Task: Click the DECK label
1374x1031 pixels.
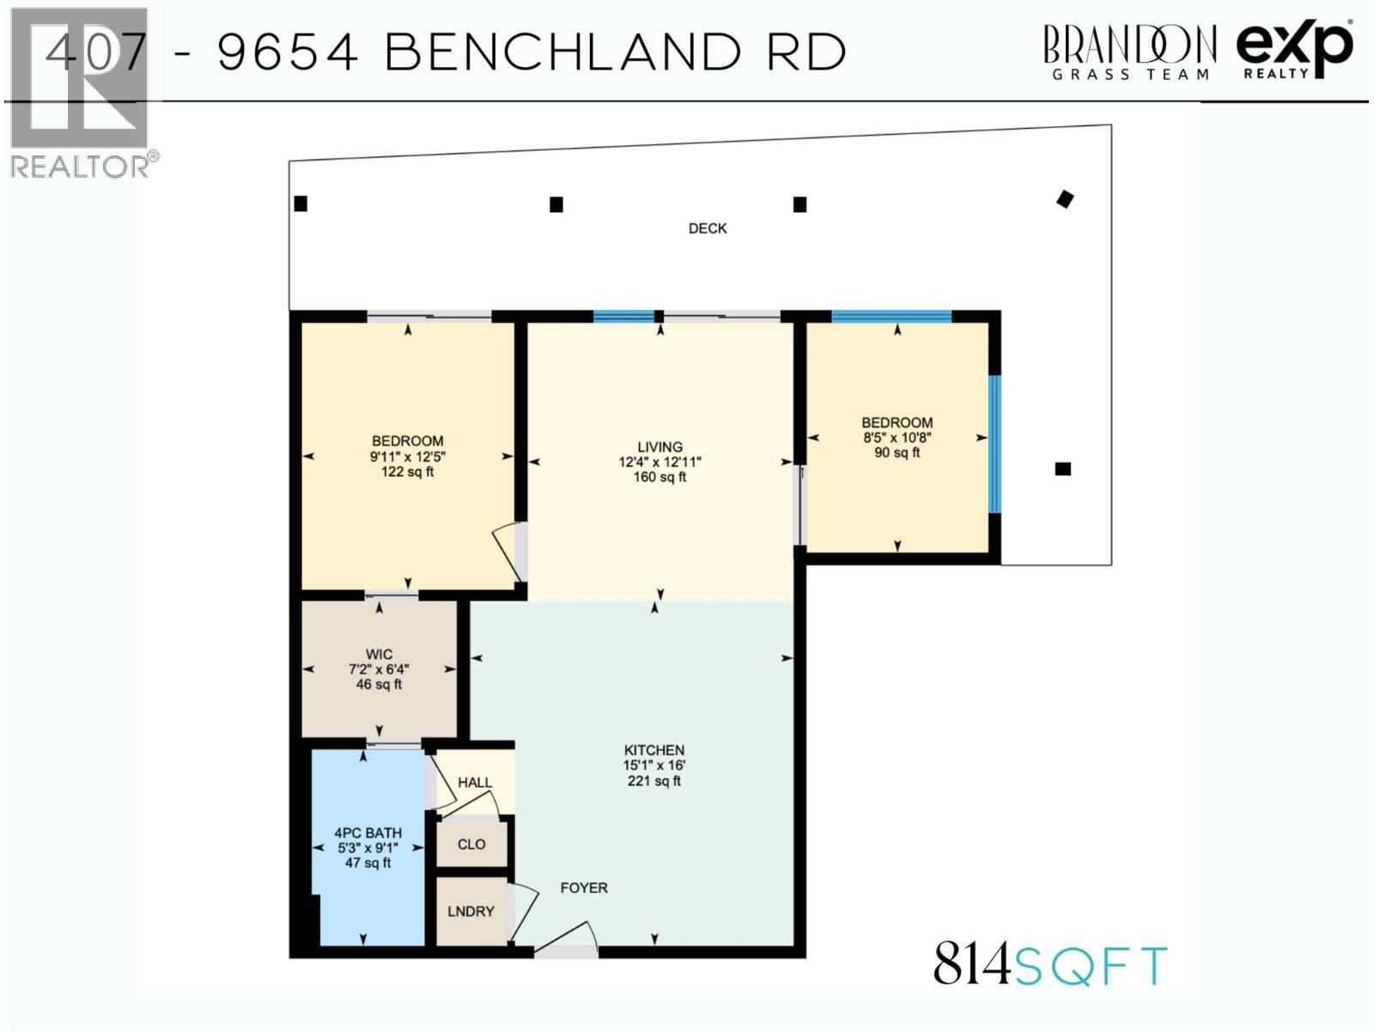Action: pos(708,229)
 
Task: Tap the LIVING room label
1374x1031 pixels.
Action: pos(660,447)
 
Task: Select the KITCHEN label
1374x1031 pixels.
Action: pos(654,750)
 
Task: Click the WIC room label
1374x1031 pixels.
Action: pos(379,654)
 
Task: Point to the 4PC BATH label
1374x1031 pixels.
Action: pos(368,833)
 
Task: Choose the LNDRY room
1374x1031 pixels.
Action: pos(471,912)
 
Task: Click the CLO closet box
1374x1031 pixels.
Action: pos(471,845)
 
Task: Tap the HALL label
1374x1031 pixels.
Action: pos(475,783)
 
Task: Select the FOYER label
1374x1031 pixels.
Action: pos(584,888)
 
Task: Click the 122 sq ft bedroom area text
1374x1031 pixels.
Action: pos(407,472)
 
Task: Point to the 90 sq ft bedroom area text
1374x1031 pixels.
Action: pos(897,453)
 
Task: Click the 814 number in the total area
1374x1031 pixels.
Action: pos(972,965)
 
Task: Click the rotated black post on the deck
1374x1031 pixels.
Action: pos(1065,199)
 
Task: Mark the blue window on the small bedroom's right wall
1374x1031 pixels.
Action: pos(994,443)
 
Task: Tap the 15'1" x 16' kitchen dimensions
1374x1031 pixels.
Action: pos(654,766)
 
